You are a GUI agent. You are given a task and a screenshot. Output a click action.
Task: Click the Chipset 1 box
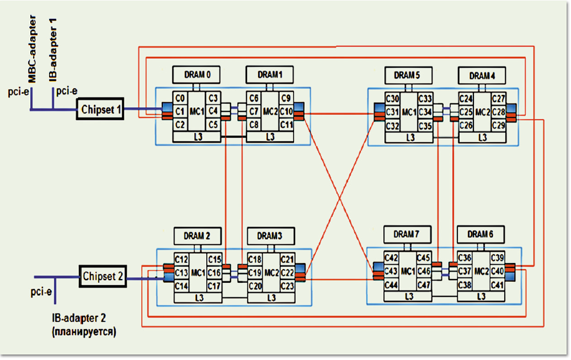[102, 109]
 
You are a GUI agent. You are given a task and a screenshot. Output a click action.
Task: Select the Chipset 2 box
[103, 277]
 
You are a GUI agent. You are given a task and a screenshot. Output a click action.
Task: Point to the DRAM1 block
[270, 74]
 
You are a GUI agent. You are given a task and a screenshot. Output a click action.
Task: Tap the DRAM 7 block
[407, 234]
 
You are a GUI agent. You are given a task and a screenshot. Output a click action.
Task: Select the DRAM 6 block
[479, 234]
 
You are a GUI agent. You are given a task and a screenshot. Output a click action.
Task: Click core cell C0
[180, 98]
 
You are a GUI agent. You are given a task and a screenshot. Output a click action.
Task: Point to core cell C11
[287, 124]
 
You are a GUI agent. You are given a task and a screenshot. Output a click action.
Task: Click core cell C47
[424, 284]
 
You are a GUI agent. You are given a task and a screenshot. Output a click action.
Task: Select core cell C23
[287, 285]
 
